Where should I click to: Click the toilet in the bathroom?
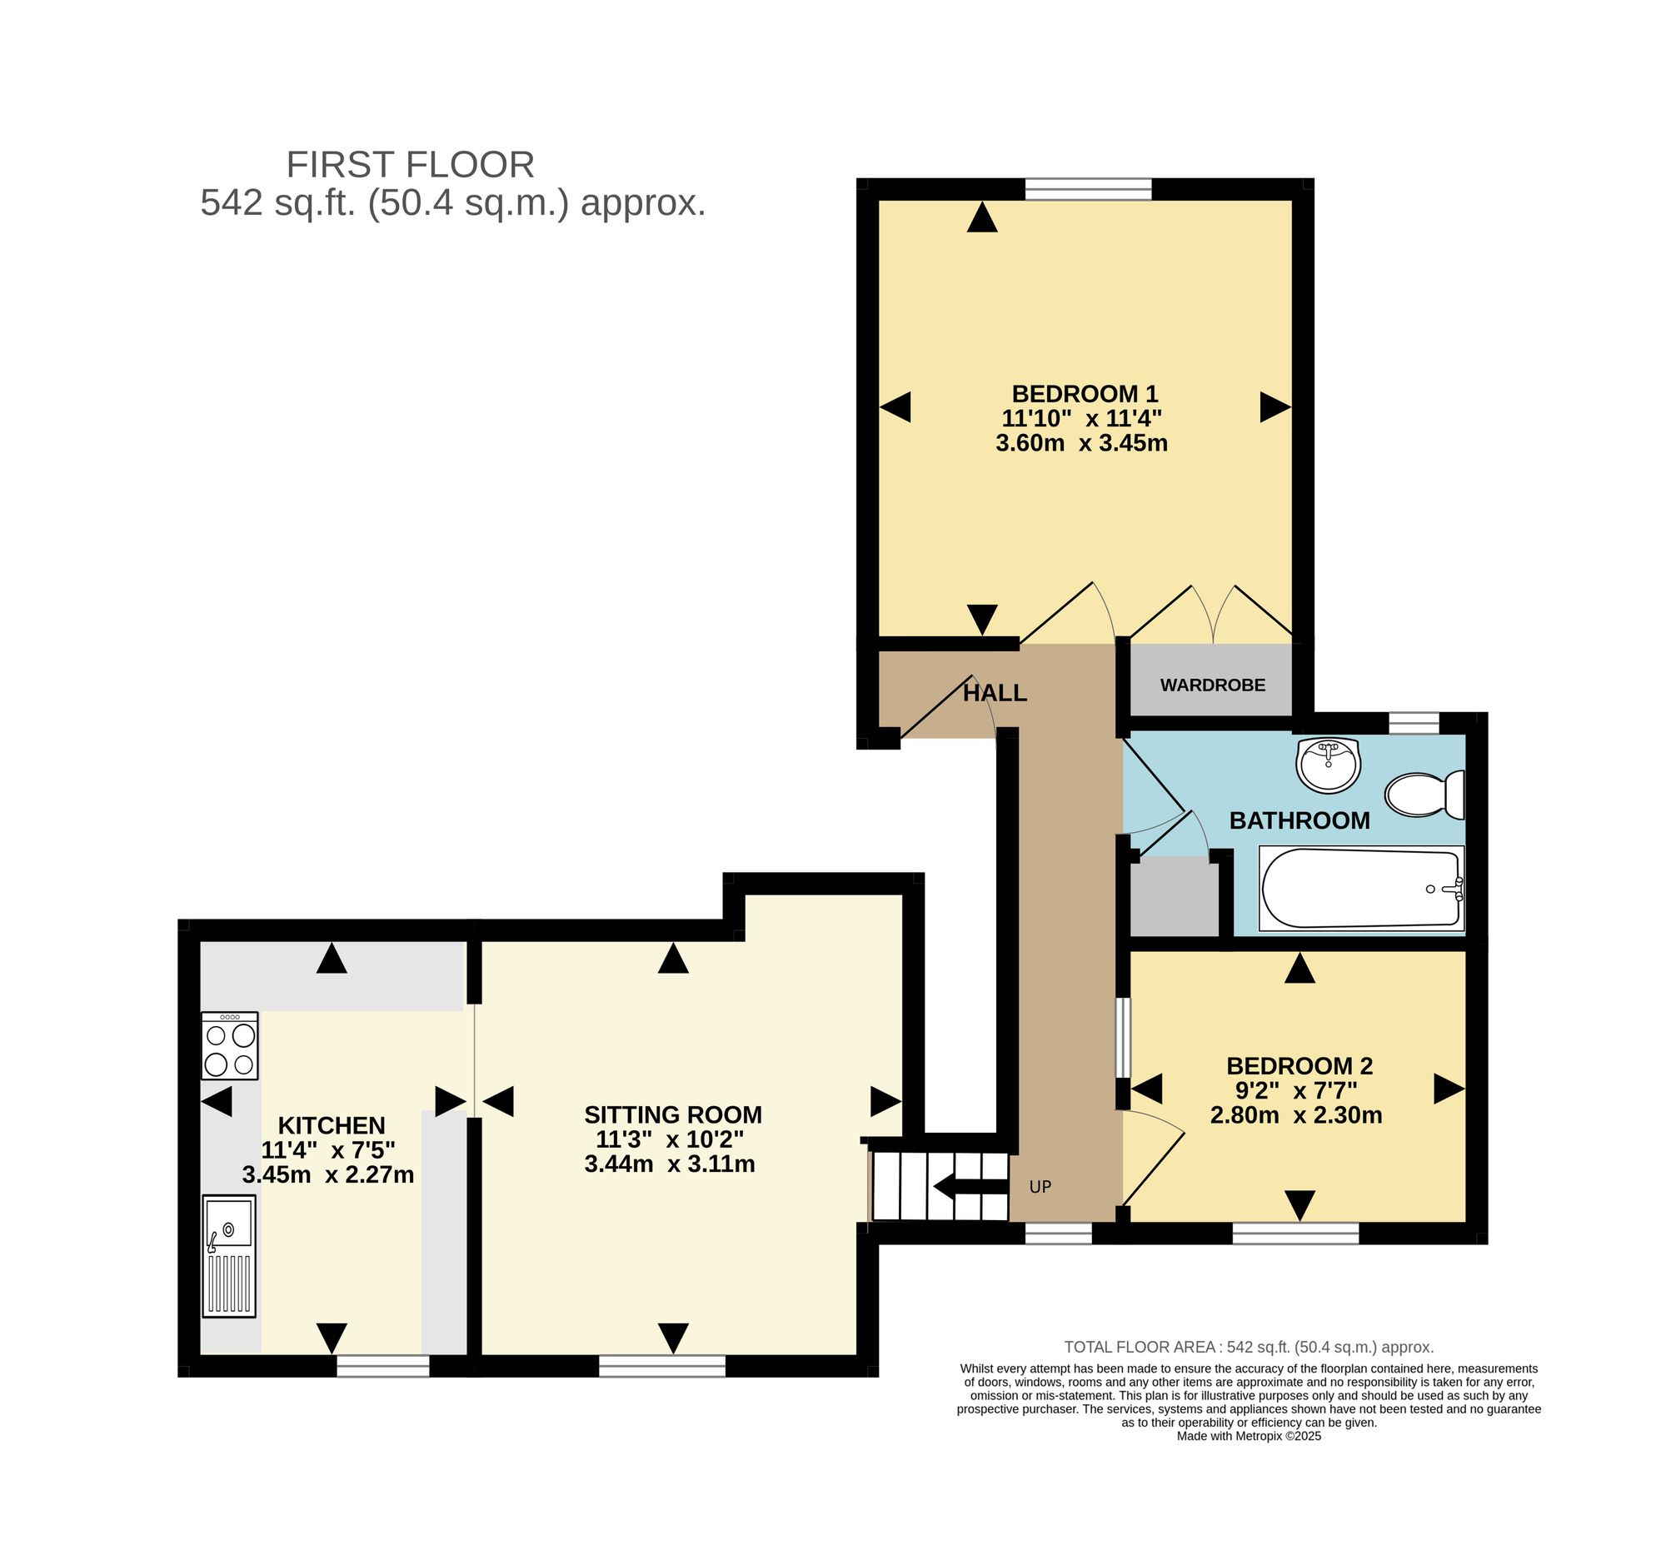1424,795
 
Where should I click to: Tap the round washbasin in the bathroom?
1328,764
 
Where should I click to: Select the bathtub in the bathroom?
1361,889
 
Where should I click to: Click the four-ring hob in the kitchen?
230,1045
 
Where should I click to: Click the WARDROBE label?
1213,685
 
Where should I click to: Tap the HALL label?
995,693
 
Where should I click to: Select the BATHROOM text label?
1299,820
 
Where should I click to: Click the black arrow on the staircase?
970,1186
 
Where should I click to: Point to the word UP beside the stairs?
1040,1186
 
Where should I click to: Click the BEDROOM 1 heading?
1085,393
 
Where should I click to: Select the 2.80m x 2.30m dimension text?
1296,1115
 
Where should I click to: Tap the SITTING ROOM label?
673,1114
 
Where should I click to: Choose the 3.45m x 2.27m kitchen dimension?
328,1174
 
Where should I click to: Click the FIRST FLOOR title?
411,164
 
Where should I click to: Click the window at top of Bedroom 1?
1088,189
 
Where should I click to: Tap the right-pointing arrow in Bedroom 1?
1275,407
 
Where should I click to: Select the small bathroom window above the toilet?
1414,722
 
